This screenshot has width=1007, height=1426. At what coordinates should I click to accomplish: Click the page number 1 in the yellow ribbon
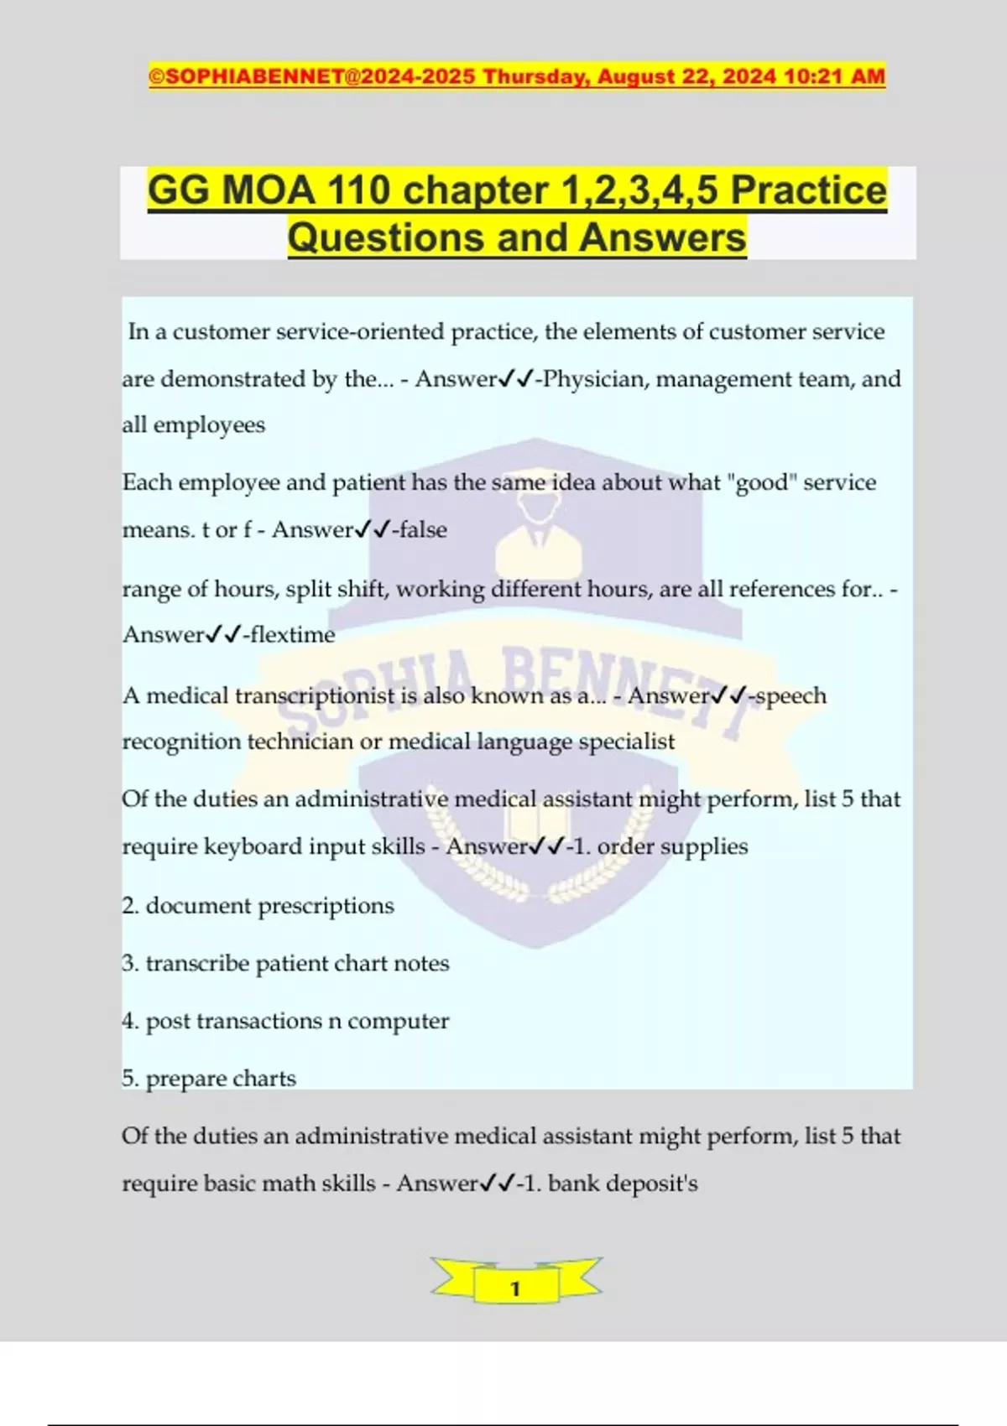coord(515,1288)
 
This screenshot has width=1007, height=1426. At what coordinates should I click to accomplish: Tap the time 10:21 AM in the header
coord(834,76)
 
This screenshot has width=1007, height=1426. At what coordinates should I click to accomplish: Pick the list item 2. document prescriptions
coord(258,906)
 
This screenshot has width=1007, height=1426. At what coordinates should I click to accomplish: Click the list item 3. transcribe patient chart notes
coord(285,964)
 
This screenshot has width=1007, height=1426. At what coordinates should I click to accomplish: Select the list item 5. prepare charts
coord(209,1079)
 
